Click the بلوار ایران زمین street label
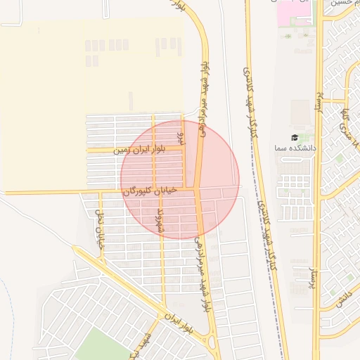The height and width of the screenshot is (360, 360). [134, 149]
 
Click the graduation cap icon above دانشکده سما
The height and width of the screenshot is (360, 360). [295, 138]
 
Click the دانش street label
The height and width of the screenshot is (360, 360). [343, 299]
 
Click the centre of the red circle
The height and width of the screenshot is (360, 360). [180, 179]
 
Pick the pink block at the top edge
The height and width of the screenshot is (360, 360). [294, 11]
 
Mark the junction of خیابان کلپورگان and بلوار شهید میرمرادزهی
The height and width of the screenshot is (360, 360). [199, 188]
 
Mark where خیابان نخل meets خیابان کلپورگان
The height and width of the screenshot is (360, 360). [91, 192]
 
